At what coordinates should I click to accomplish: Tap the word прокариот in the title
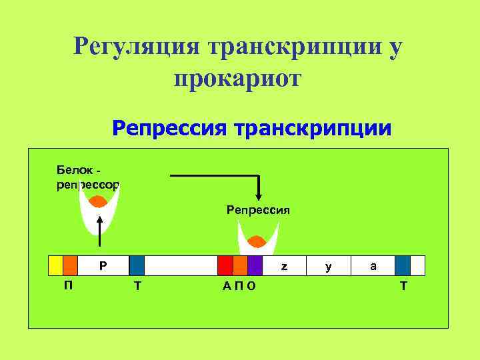pyautogui.click(x=238, y=79)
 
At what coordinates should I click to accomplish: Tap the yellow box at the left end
pyautogui.click(x=55, y=265)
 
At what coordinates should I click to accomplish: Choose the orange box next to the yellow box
pyautogui.click(x=70, y=265)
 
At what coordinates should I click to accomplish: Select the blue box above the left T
pyautogui.click(x=137, y=265)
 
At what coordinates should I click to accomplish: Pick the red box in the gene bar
pyautogui.click(x=225, y=265)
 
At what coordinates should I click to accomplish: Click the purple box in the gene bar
pyautogui.click(x=255, y=265)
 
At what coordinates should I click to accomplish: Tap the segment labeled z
pyautogui.click(x=284, y=265)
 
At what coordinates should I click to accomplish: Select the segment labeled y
pyautogui.click(x=328, y=265)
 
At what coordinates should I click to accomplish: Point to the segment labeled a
pyautogui.click(x=373, y=265)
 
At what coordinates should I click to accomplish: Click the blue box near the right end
pyautogui.click(x=402, y=265)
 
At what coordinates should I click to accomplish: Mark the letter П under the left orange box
pyautogui.click(x=68, y=285)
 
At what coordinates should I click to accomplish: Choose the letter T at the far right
pyautogui.click(x=403, y=285)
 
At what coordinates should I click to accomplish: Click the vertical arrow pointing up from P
pyautogui.click(x=99, y=233)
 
